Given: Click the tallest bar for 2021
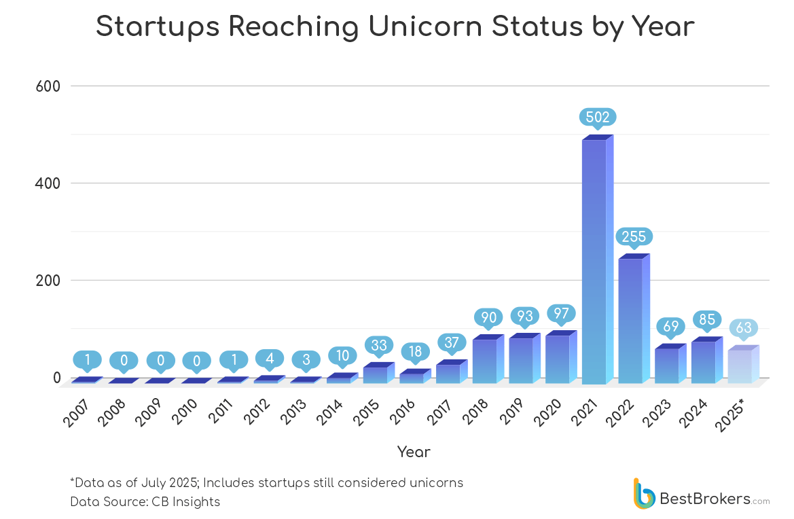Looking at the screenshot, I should pyautogui.click(x=594, y=262).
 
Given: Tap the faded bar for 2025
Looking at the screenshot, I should pyautogui.click(x=740, y=366).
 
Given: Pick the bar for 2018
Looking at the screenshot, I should pyautogui.click(x=485, y=361).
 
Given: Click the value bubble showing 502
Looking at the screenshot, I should pyautogui.click(x=598, y=116).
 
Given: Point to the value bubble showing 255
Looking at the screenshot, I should pyautogui.click(x=634, y=236).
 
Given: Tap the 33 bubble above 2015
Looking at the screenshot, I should pyautogui.click(x=379, y=344).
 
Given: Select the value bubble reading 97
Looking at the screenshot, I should pyautogui.click(x=561, y=313).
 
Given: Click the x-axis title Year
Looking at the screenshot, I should pyautogui.click(x=414, y=452).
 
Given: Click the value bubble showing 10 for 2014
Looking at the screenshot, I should pyautogui.click(x=342, y=355).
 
